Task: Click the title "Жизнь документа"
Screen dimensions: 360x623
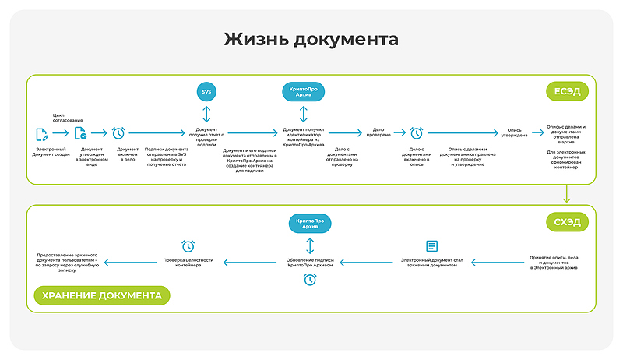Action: (311, 40)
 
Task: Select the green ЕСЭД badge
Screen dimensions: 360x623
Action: (567, 91)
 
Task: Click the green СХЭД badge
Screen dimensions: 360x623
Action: (567, 222)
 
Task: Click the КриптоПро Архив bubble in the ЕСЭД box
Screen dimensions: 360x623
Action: (302, 91)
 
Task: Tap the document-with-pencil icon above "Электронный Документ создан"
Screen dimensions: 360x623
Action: (41, 133)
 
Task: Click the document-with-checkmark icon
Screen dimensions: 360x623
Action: (80, 133)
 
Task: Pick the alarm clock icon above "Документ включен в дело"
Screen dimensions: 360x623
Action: (118, 133)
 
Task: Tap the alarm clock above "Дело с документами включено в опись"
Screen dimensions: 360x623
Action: (417, 133)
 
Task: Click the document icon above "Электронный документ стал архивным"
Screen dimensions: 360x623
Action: (431, 246)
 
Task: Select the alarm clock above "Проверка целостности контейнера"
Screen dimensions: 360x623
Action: (188, 246)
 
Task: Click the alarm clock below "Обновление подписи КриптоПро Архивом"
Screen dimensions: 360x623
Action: (310, 278)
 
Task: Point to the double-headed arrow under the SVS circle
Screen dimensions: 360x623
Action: (206, 114)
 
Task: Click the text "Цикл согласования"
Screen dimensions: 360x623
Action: (68, 119)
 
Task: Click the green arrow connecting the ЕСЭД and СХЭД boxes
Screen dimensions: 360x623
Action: (567, 194)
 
